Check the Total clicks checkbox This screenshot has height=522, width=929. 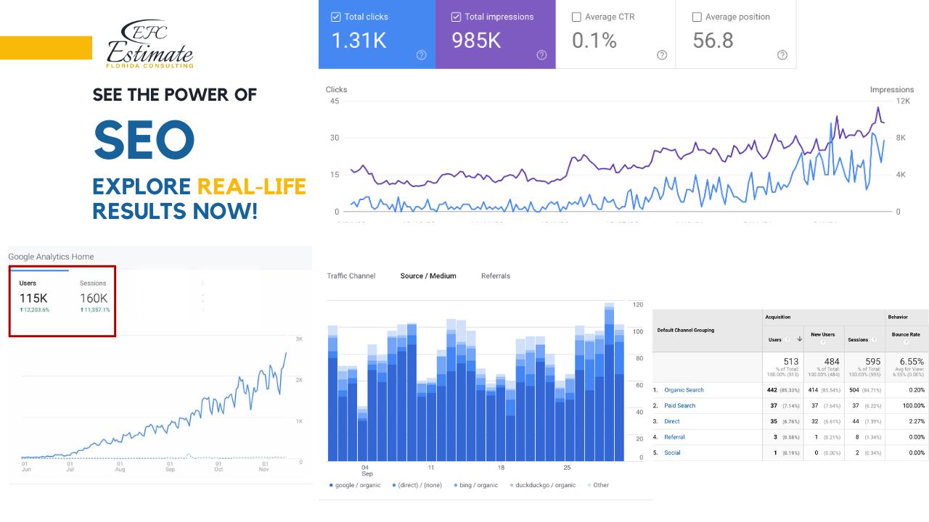tap(335, 17)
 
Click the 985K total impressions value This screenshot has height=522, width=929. tap(476, 41)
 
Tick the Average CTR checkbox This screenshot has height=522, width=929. tap(576, 17)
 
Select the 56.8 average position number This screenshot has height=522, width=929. tap(713, 41)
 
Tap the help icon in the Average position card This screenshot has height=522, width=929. tap(782, 55)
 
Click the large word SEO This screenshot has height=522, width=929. tap(144, 139)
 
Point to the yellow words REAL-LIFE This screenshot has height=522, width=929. tap(251, 187)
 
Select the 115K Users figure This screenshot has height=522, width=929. tap(33, 298)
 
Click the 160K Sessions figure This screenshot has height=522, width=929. tap(94, 298)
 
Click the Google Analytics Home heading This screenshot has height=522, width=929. tap(51, 257)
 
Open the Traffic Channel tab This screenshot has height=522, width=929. tap(351, 276)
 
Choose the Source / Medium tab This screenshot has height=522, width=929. tap(428, 276)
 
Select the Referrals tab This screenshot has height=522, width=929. tap(496, 276)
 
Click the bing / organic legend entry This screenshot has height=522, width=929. tap(478, 485)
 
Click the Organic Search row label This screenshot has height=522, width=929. tap(684, 390)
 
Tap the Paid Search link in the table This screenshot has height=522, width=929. tap(679, 406)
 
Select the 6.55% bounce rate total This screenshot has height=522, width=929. tap(912, 361)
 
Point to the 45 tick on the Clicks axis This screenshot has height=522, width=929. tap(334, 101)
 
